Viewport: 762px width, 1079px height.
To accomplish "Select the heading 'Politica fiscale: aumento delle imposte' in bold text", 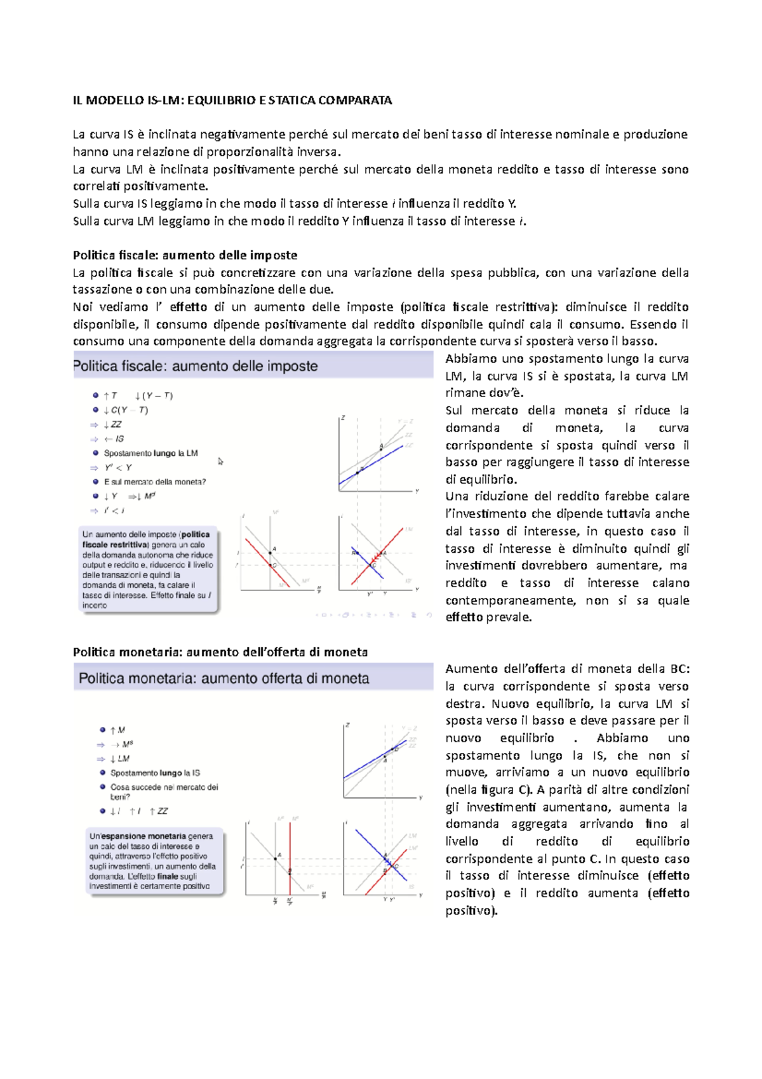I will click(x=185, y=255).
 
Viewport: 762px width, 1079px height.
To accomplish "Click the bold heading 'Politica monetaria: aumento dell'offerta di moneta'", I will click(x=220, y=652).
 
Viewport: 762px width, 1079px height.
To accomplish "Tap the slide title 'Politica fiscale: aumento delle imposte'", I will click(x=196, y=366).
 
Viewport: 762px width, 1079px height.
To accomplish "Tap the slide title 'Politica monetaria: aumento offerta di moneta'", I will click(x=224, y=678).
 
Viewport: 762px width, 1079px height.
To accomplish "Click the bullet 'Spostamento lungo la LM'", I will click(x=150, y=453).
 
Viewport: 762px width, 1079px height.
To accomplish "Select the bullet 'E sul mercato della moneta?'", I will click(x=155, y=482).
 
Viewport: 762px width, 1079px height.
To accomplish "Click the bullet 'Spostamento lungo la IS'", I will click(x=155, y=773).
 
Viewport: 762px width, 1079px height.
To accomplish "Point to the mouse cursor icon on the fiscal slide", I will click(x=220, y=461).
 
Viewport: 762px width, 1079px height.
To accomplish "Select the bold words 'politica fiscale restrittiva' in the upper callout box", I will click(x=146, y=539).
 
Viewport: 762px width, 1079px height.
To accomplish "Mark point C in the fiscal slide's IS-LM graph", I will click(x=373, y=564).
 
